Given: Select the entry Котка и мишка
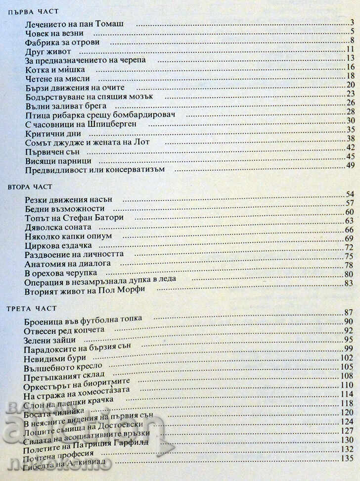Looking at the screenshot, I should pos(54,70).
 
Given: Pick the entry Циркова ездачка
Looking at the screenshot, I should pos(57,246).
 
